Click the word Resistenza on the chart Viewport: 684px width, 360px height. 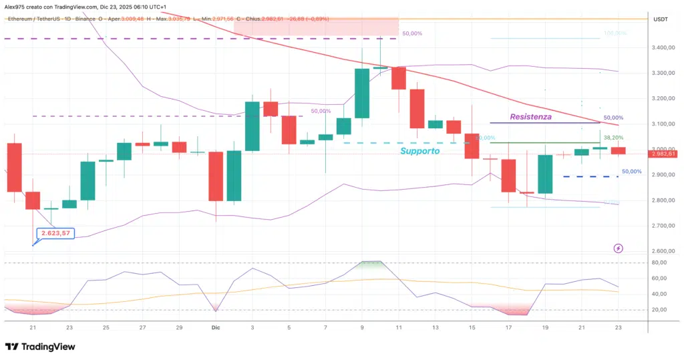532,117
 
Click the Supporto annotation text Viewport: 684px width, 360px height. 419,151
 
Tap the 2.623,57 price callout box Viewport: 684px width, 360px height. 55,234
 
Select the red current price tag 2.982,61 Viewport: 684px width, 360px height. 663,154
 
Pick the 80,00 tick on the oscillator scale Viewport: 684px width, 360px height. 660,262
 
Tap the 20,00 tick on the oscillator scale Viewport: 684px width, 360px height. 660,310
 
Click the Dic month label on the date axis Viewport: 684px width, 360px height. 216,328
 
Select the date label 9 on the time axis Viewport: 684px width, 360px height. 362,328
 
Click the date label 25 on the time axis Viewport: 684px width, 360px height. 106,328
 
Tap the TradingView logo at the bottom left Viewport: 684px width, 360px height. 40,347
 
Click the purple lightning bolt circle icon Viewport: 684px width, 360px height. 618,248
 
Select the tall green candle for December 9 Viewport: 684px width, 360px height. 362,93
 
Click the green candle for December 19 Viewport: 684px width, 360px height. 545,174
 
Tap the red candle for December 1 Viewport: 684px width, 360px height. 216,176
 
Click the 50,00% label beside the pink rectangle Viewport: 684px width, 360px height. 412,33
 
